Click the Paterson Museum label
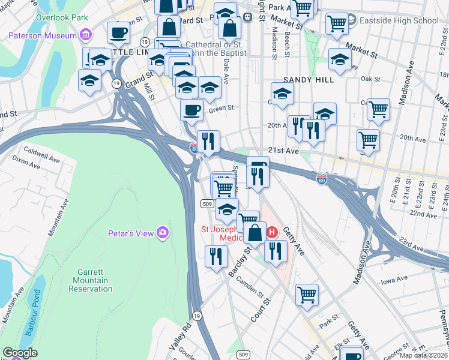tap(43, 35)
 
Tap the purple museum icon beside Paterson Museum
tap(86, 35)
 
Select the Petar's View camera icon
tap(162, 232)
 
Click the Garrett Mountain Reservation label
tap(91, 280)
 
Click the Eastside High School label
tap(399, 20)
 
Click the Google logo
tap(20, 352)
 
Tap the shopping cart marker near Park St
tap(307, 295)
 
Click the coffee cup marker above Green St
tap(191, 110)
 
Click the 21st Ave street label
tap(283, 151)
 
